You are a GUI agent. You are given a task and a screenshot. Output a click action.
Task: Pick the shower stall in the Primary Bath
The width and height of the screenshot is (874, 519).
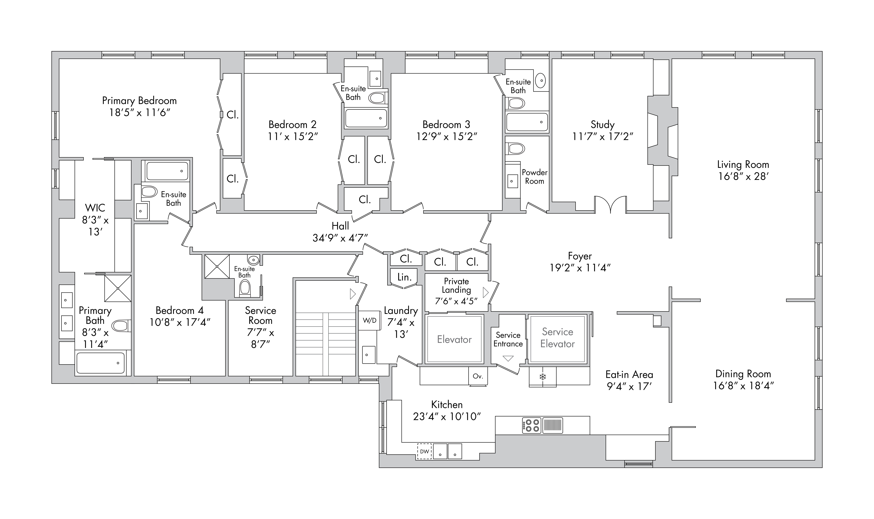point(118,288)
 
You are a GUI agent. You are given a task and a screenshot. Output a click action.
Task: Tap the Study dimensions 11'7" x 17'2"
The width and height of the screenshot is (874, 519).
point(603,136)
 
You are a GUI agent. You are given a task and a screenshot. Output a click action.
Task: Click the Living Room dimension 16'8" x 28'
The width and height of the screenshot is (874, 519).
point(743,176)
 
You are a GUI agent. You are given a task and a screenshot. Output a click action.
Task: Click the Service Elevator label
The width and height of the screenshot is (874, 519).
point(557,338)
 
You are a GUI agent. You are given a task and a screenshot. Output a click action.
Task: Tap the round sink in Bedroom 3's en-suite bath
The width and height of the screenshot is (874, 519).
point(541,81)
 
